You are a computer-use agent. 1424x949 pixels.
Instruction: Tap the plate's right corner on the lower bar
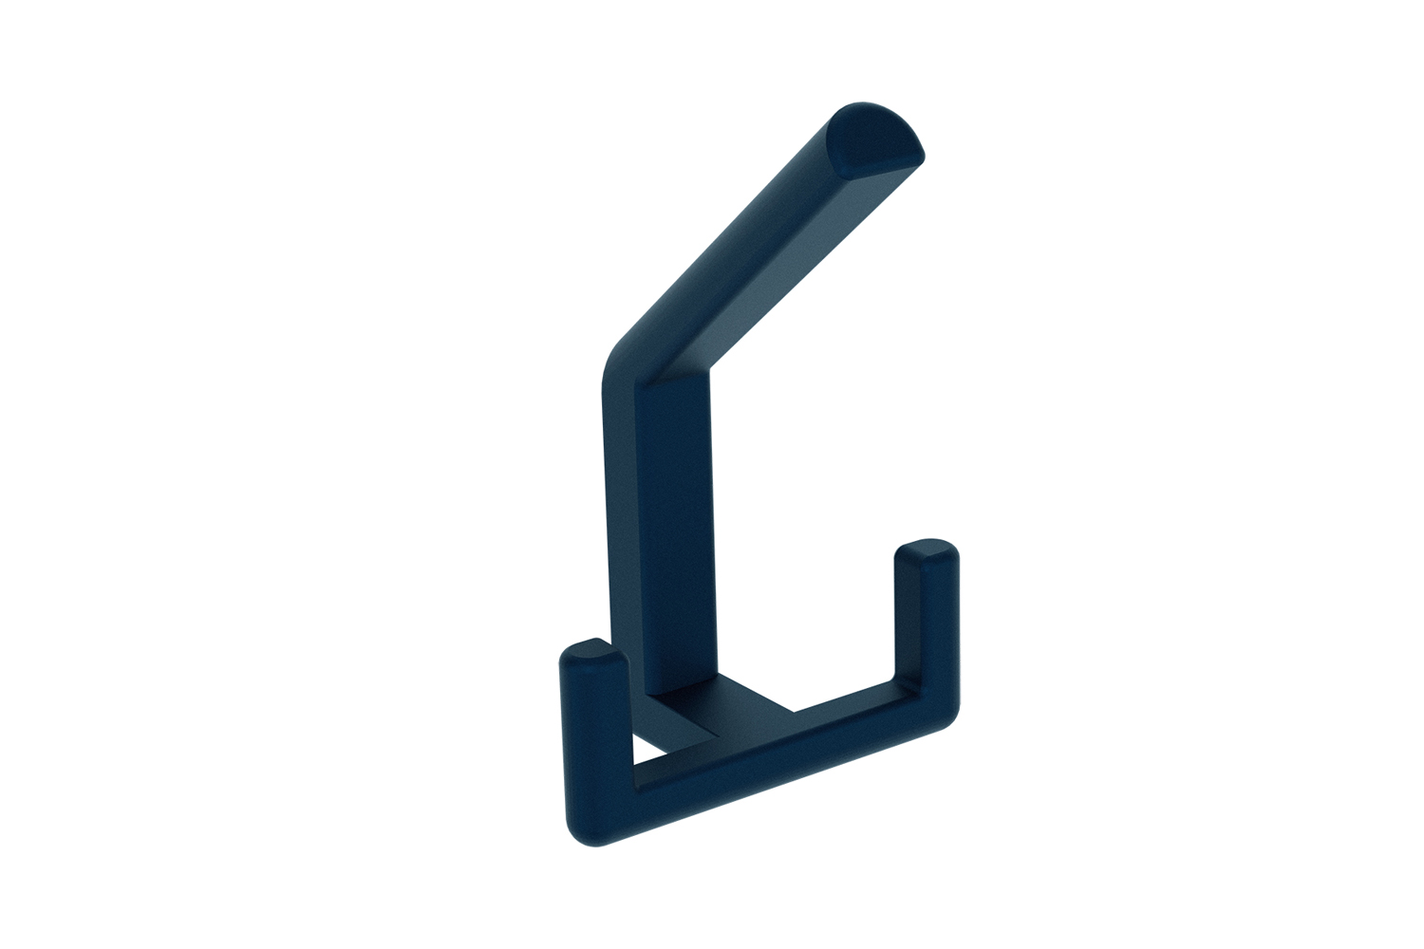pyautogui.click(x=794, y=710)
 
